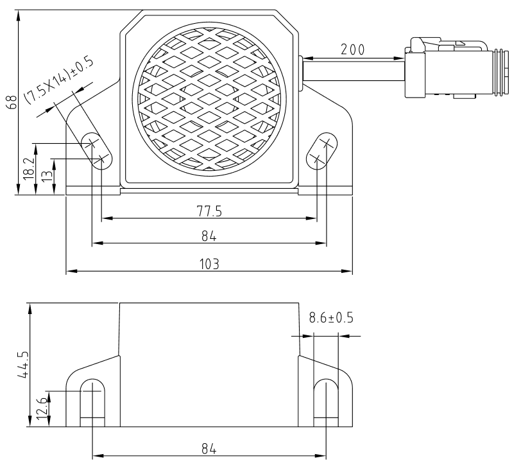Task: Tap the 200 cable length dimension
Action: click(352, 49)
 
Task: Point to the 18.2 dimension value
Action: click(28, 168)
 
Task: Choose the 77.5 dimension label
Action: click(209, 210)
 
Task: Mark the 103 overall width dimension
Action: click(209, 263)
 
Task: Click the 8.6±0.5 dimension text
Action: click(331, 318)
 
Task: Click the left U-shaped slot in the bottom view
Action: click(93, 401)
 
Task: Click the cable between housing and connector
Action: click(352, 67)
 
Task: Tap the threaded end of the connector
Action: click(497, 69)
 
